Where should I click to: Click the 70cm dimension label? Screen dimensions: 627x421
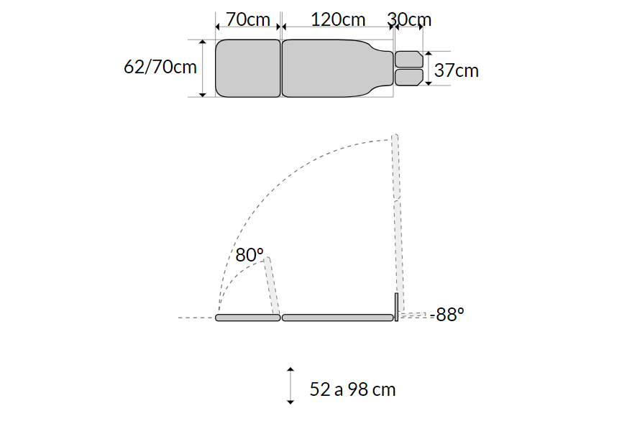[x=248, y=19]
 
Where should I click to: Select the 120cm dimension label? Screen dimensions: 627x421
[x=338, y=19]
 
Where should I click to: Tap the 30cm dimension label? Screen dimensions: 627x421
[x=409, y=19]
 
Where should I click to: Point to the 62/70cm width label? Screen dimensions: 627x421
[x=160, y=67]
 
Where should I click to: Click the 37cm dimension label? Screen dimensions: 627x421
[x=457, y=70]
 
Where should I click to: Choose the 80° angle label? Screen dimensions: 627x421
[x=249, y=255]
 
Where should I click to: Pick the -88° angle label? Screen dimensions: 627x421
[x=447, y=315]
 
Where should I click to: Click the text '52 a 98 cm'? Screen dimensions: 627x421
[x=352, y=389]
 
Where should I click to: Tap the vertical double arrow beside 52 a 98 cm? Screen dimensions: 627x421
[x=290, y=386]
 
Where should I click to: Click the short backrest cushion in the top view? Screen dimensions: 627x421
[x=248, y=68]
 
